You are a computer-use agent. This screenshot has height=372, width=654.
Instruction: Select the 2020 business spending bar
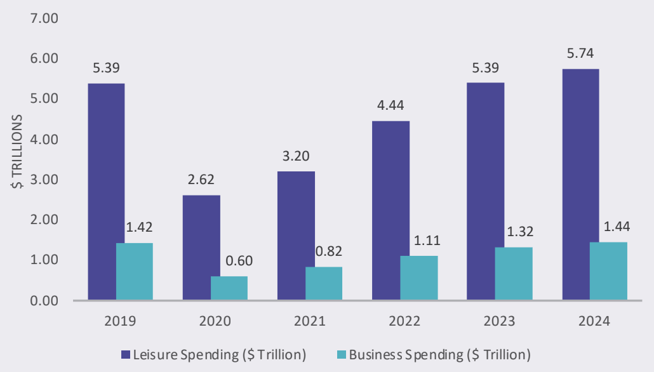coord(229,288)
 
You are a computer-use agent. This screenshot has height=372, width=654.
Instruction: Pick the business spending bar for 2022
coord(419,277)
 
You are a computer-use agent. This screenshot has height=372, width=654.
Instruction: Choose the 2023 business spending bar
coord(514,273)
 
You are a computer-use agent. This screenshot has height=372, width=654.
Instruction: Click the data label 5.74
coord(580,53)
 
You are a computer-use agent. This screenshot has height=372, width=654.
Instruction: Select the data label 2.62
coord(201,180)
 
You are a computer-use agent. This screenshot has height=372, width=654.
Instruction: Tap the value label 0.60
coord(230,261)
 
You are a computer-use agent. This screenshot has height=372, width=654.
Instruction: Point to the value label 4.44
coord(391,105)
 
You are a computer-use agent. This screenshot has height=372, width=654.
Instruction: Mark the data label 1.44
coord(609,227)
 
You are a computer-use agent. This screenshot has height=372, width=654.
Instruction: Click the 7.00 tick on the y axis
coord(44,18)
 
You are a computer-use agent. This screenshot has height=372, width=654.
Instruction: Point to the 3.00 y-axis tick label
coord(44,180)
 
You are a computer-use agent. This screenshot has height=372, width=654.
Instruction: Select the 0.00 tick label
coord(44,300)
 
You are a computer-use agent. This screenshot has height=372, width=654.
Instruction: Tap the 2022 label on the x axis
coord(404,321)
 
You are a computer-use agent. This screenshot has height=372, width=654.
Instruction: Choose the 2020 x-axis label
coord(215,321)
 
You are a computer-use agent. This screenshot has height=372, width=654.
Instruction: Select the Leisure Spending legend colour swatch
coord(126,353)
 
